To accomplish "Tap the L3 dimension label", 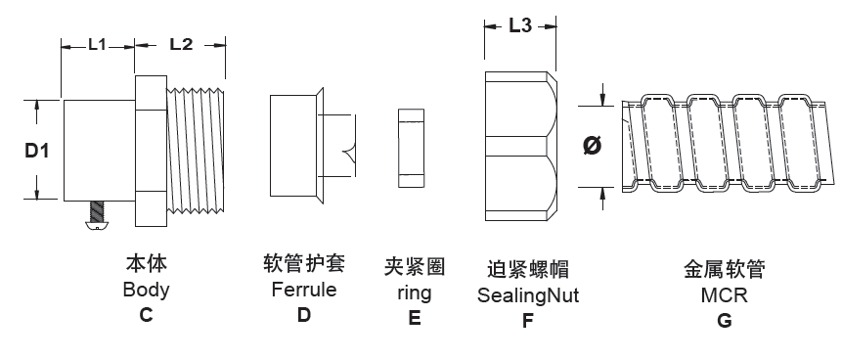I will [519, 27].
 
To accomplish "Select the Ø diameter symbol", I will [591, 145].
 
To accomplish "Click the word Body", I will [146, 290].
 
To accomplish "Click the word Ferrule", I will [303, 290].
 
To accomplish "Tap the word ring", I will [415, 292].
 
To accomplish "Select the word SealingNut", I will [527, 294].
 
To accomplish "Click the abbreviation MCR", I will [724, 294].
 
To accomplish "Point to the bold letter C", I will [147, 315].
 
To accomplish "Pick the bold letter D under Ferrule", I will [304, 315].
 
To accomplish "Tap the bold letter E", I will [415, 318].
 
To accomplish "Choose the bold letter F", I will [527, 320].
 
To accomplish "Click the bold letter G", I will [725, 320].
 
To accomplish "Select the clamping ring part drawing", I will [411, 149].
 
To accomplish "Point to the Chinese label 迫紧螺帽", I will [527, 269].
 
